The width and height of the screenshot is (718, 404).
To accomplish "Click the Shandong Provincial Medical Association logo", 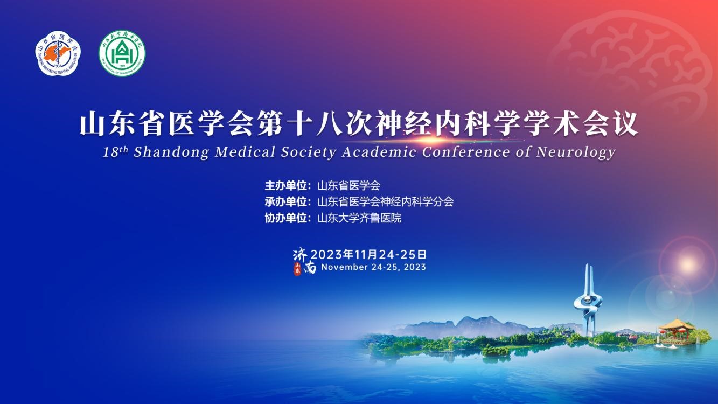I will click(58, 53).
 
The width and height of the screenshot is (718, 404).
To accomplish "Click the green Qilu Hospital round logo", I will click(122, 53).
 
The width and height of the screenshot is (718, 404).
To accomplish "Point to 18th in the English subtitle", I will click(115, 151).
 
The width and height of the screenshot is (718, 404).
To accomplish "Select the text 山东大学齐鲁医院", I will click(359, 218).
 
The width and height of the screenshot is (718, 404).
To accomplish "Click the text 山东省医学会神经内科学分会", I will click(386, 202).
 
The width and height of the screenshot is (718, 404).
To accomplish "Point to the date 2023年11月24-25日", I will click(369, 254).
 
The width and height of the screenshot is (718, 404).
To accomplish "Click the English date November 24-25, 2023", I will click(373, 267).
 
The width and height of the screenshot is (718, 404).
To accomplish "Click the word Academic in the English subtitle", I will click(379, 152).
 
